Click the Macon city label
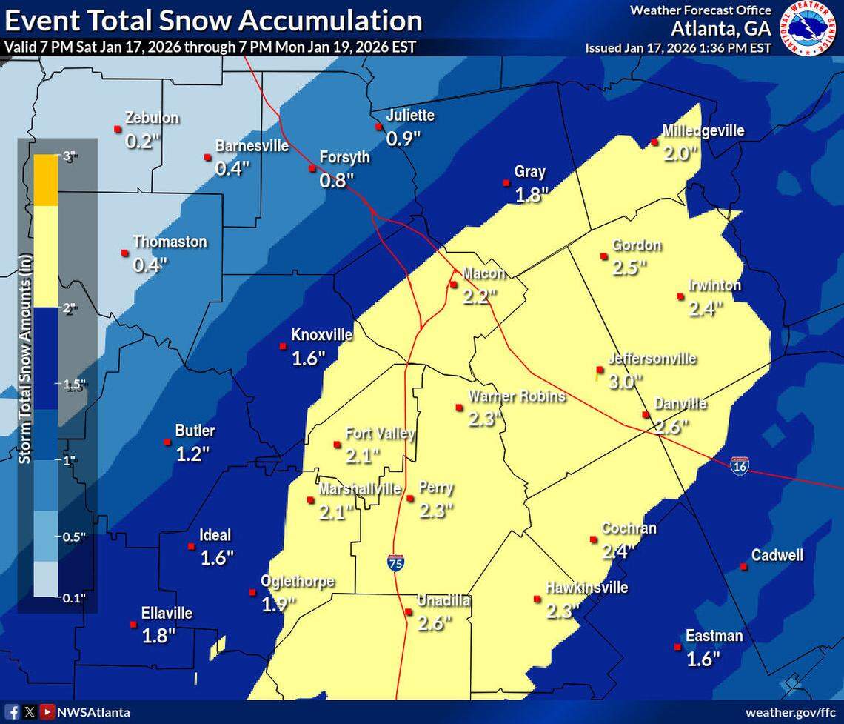point(483,273)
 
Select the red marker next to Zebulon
point(117,129)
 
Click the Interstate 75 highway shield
point(395,562)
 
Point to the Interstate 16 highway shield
point(738,465)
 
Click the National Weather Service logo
point(809,27)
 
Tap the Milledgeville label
point(703,131)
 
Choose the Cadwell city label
point(777,555)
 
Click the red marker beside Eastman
point(677,647)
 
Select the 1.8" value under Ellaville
point(158,635)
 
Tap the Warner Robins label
point(516,396)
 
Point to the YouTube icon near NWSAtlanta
point(47,711)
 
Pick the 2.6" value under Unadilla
point(435,623)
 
